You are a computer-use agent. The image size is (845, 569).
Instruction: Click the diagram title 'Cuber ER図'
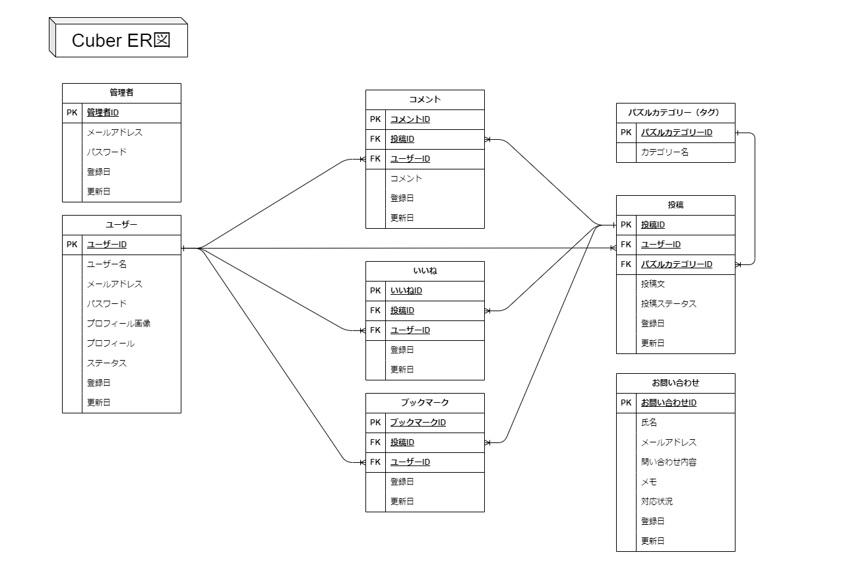121,40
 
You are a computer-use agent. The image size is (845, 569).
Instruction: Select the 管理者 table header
121,93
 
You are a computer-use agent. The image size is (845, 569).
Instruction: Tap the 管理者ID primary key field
103,113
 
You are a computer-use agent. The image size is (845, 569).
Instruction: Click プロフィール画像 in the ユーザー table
119,324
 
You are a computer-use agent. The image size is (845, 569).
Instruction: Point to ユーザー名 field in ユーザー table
107,264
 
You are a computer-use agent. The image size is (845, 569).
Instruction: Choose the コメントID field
410,119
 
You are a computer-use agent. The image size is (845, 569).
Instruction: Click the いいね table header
425,271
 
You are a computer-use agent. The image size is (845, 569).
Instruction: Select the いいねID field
406,291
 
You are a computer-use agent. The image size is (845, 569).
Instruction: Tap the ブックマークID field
418,423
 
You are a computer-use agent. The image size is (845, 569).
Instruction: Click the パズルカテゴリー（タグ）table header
675,113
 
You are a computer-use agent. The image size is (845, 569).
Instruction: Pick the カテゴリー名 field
665,152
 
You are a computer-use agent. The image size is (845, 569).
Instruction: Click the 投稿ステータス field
669,304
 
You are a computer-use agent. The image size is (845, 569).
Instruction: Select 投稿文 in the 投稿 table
653,284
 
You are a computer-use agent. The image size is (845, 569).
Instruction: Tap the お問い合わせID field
669,403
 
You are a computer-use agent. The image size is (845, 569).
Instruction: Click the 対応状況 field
657,502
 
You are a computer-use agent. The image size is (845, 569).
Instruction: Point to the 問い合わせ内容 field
669,462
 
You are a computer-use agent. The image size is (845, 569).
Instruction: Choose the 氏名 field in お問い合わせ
649,423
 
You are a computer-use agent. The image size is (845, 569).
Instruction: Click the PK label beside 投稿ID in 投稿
626,225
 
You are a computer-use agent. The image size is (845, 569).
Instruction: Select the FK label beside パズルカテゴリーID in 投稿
626,264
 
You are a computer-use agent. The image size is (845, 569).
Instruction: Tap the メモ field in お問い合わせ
649,482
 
